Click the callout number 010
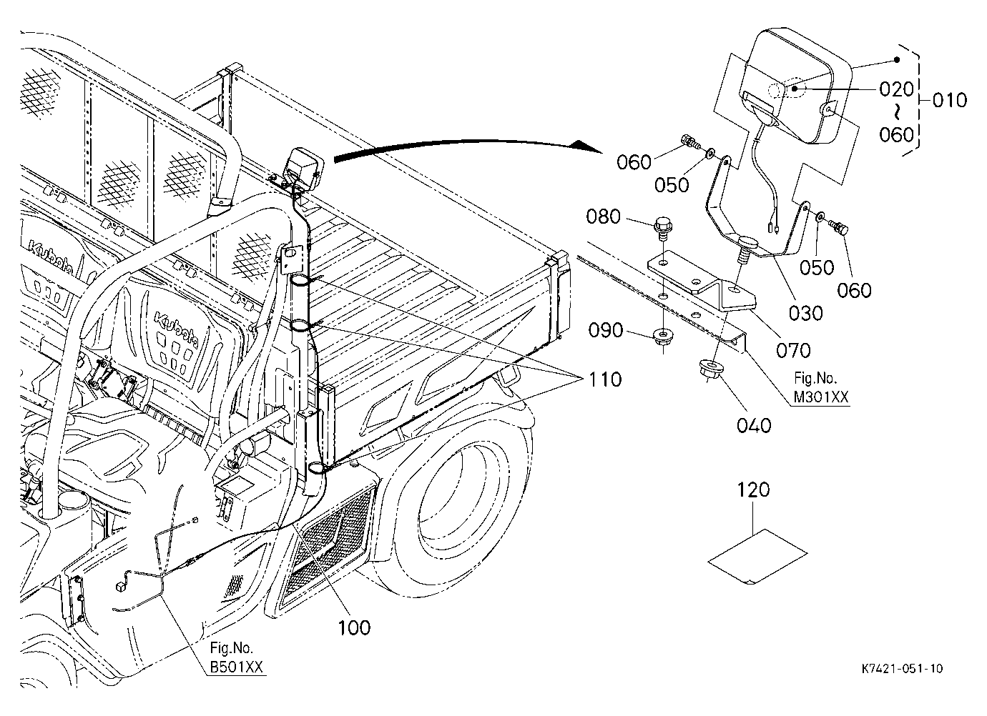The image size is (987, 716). (950, 101)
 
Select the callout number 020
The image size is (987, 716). (896, 89)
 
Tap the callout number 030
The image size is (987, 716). (805, 313)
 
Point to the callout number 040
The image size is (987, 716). (754, 425)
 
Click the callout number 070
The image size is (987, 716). (793, 351)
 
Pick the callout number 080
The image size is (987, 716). (603, 217)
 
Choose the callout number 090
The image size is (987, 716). (606, 330)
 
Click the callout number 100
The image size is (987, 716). (354, 627)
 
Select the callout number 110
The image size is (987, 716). (605, 379)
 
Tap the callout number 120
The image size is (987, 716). (753, 489)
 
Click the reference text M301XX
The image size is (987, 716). (820, 397)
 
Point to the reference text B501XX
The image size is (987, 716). (236, 667)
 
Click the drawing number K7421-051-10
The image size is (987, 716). (903, 669)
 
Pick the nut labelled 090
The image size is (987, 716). (662, 337)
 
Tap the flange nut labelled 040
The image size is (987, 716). (709, 368)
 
